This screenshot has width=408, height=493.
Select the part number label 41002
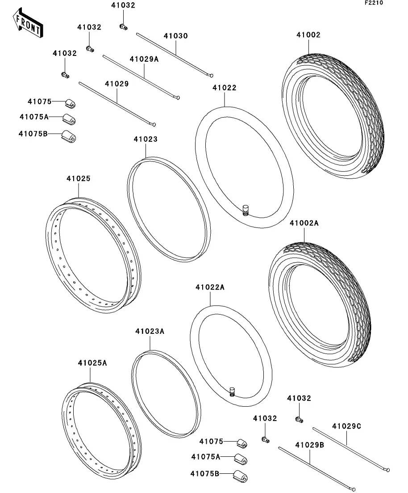point(308,35)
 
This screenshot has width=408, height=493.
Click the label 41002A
point(304,223)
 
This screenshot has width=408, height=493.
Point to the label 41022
point(224,88)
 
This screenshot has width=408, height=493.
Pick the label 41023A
point(150,331)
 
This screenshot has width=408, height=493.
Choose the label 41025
point(79,178)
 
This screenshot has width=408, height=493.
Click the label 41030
point(175,36)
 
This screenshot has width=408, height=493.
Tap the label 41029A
point(144,59)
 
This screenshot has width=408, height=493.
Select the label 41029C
point(346,426)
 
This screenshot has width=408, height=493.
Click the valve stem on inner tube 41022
point(245,209)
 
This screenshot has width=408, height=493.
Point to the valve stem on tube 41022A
point(232,392)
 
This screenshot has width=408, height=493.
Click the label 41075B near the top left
point(33,133)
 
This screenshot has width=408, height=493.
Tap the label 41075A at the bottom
point(205,457)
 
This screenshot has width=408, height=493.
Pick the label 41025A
point(92,363)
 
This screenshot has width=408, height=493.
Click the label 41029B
point(309,445)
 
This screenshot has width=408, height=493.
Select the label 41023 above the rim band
point(146,139)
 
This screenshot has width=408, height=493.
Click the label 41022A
point(209,287)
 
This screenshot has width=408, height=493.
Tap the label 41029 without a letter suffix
point(117,84)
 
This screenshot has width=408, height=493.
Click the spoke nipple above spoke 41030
point(123,27)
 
